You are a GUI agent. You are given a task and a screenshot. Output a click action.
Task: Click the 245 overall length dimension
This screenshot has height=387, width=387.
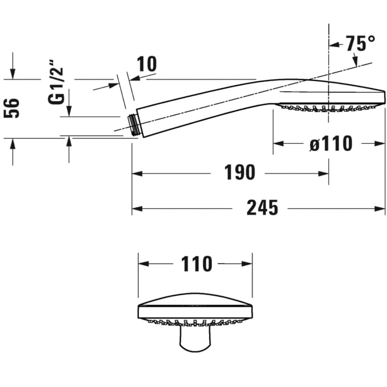coord(262,208)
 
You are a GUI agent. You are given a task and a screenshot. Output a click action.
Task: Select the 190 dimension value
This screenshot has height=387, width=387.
coord(239,173)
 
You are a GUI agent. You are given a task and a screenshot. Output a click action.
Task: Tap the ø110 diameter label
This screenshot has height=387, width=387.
coord(330,144)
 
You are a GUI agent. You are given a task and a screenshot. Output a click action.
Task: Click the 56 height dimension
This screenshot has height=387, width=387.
coord(12,108)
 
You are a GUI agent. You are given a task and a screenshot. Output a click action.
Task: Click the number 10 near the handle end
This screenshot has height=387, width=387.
coord(147,64)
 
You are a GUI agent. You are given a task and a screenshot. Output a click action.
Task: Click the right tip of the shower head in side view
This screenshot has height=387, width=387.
coord(383,92)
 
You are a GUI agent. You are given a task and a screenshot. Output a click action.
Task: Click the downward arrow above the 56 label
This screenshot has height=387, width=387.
coord(13,75)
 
